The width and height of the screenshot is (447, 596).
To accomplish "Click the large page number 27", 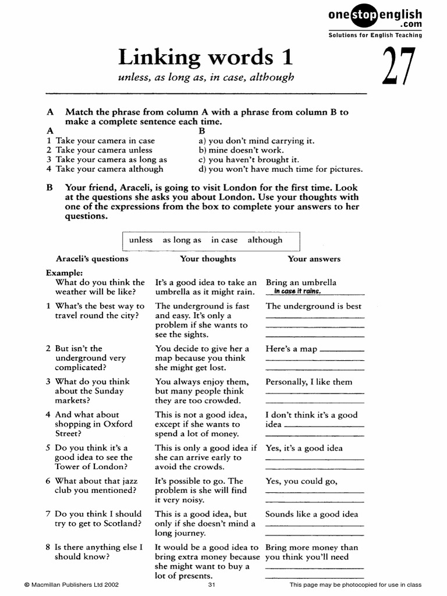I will (400, 67).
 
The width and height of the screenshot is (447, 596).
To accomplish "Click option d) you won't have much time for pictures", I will (281, 169).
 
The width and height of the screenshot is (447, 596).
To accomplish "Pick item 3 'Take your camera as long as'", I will (107, 159).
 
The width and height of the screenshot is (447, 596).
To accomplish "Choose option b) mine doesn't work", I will (242, 150).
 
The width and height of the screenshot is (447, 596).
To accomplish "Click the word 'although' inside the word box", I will (265, 240).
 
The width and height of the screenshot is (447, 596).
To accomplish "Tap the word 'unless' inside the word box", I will (141, 240).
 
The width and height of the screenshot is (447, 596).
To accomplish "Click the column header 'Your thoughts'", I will (208, 259).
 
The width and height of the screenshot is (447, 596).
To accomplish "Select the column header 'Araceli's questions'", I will (92, 259).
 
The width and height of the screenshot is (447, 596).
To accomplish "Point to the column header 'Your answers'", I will (314, 259).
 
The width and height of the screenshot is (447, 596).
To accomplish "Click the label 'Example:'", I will (64, 272).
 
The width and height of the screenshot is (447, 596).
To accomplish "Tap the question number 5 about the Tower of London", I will (49, 448).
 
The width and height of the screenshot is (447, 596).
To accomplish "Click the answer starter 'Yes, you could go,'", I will (301, 481).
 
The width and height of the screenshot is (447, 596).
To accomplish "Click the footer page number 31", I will (212, 585).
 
